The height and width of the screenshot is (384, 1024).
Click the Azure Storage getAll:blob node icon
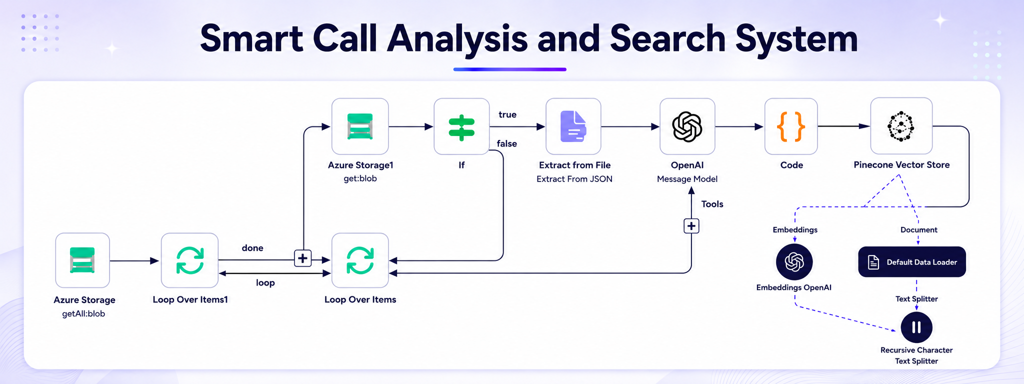click(x=82, y=260)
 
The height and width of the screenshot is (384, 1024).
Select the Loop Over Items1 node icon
click(x=189, y=260)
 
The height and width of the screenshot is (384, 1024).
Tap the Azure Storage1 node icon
click(x=360, y=126)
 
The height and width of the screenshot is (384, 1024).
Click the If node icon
click(x=461, y=126)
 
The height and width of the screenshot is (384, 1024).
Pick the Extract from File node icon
click(x=573, y=126)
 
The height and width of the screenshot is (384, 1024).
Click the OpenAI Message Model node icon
click(x=687, y=126)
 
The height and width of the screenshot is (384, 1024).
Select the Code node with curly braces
click(x=791, y=126)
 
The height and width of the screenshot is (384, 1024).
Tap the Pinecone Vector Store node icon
click(x=901, y=125)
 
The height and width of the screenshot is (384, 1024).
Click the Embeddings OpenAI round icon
click(x=794, y=261)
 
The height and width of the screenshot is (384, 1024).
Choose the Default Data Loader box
click(x=912, y=261)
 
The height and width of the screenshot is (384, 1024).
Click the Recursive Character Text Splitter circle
click(x=916, y=327)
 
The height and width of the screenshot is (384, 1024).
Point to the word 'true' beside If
click(x=507, y=114)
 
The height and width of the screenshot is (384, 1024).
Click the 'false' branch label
click(x=507, y=143)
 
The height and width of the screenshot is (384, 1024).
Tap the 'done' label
click(x=252, y=248)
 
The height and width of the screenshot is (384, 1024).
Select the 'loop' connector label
click(x=265, y=283)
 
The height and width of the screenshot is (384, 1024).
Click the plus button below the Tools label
click(x=691, y=226)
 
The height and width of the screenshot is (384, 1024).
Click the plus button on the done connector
click(x=302, y=258)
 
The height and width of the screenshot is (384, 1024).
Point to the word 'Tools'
click(x=712, y=204)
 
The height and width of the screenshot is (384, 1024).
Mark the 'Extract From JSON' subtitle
click(x=574, y=179)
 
